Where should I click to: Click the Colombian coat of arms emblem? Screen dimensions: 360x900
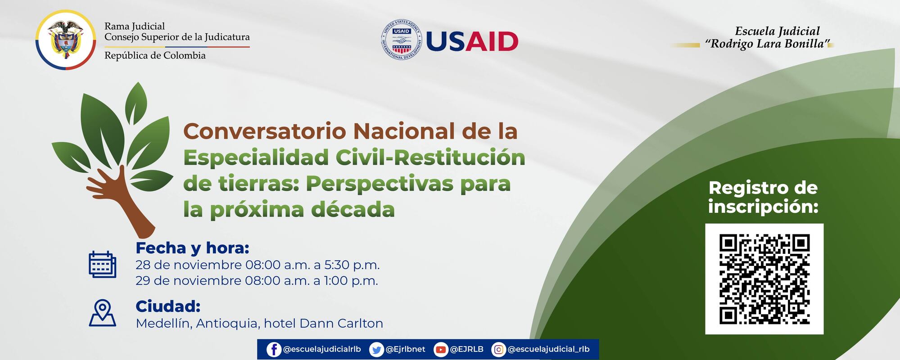pos(65,40)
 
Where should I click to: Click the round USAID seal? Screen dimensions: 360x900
pos(402,41)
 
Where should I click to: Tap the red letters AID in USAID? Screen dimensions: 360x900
pos(492,42)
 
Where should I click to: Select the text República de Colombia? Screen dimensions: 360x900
pos(155,55)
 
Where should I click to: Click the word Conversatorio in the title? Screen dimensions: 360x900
pos(264,131)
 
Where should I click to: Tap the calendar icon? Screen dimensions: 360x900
pos(102,265)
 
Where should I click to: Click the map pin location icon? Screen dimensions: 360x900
pos(103,313)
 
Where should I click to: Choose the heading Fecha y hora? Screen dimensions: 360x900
pos(192,248)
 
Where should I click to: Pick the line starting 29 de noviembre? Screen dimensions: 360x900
pos(257,280)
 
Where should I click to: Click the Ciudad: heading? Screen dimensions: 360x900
pos(168,306)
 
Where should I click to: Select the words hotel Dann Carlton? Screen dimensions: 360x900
pos(323,323)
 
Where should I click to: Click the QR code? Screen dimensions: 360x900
pos(764,279)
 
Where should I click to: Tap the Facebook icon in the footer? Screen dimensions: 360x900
pos(273,349)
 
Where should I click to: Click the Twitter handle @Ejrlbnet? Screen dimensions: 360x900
pos(405,349)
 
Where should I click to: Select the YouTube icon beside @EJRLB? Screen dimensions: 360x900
pos(441,349)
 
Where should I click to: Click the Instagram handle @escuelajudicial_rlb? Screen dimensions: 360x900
pos(548,349)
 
